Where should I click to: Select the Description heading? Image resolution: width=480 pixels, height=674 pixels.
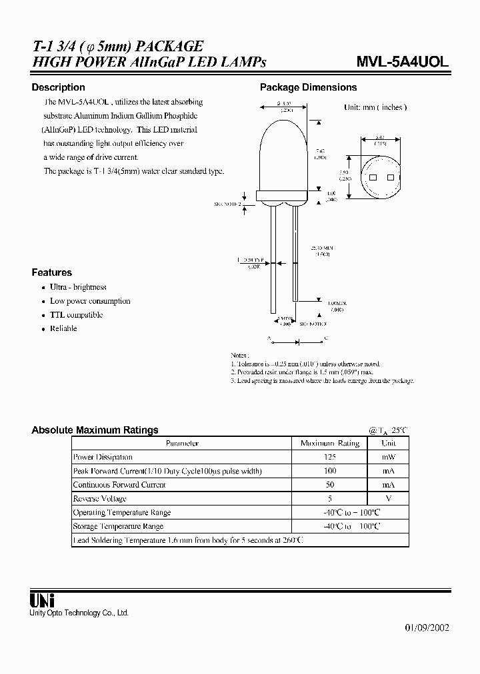(x=59, y=87)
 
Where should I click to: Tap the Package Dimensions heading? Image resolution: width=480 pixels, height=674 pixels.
(x=308, y=87)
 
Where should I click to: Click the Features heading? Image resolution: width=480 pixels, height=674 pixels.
(x=52, y=272)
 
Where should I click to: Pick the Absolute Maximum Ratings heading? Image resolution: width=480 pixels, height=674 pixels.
(x=95, y=430)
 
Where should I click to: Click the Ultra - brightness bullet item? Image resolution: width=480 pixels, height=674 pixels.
(x=78, y=287)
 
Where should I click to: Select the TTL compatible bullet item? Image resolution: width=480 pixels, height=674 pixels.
(x=76, y=315)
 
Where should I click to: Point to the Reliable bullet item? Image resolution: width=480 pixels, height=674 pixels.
(x=63, y=328)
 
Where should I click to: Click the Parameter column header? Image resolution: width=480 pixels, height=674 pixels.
(x=182, y=443)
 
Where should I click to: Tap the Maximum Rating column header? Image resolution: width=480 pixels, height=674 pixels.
(x=330, y=443)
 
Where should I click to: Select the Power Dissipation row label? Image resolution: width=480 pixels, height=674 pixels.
(x=103, y=457)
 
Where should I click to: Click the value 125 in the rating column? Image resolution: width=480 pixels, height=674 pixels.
(x=330, y=457)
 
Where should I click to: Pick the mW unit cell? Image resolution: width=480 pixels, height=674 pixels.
(x=389, y=457)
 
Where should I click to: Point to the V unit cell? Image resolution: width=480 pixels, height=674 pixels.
(x=389, y=498)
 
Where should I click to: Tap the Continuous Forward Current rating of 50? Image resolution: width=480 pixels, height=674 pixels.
(x=330, y=484)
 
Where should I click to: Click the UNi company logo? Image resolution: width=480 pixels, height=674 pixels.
(x=43, y=599)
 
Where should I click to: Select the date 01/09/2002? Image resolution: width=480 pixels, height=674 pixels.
(x=427, y=628)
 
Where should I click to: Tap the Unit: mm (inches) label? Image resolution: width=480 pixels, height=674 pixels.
(x=375, y=107)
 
